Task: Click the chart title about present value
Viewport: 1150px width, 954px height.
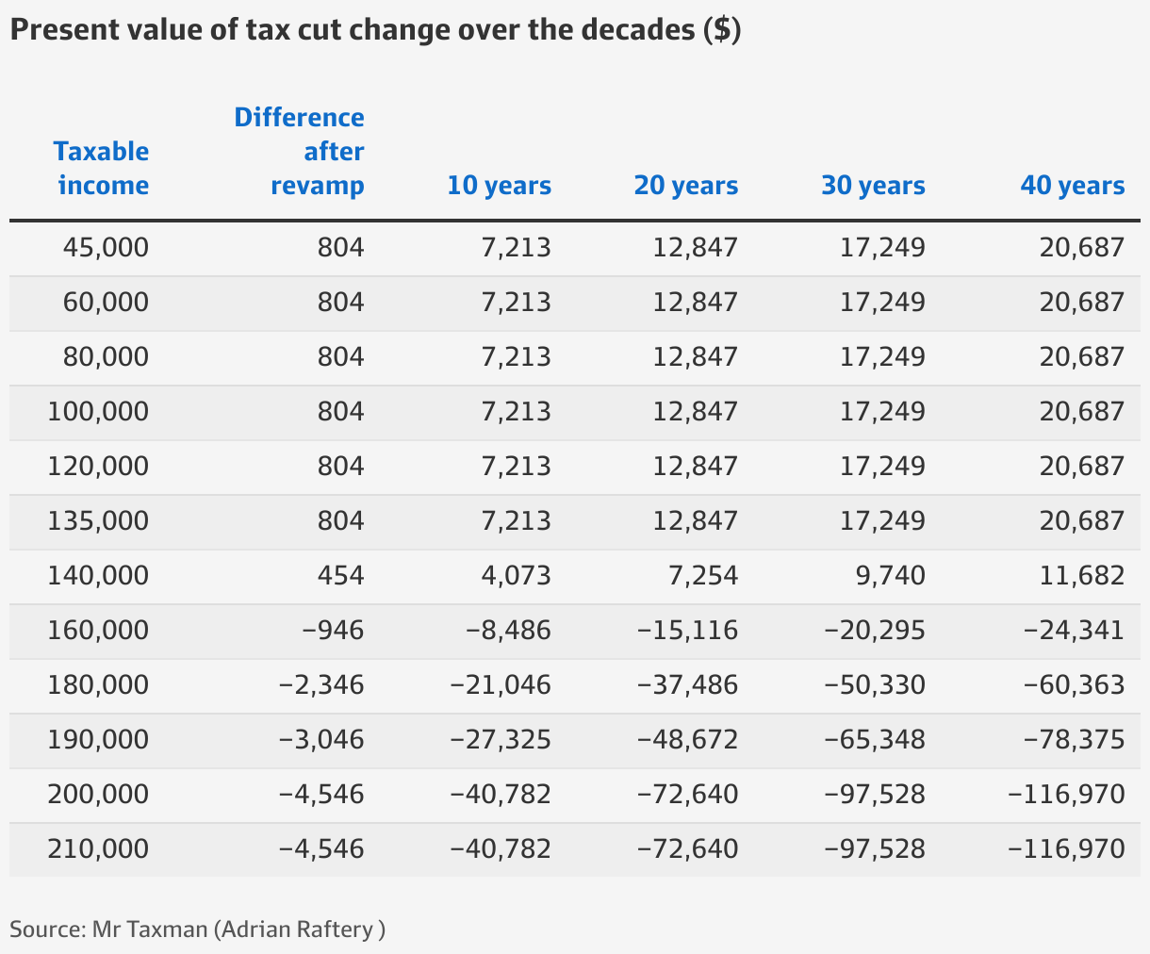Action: [x=375, y=30]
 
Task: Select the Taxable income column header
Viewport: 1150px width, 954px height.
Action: [x=102, y=168]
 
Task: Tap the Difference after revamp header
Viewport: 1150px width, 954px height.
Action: [x=300, y=151]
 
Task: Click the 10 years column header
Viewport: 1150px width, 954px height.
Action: [x=499, y=186]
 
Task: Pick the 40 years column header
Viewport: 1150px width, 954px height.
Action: [x=1072, y=186]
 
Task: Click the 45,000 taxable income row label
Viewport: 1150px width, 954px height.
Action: [x=106, y=248]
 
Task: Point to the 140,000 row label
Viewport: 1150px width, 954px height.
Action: [x=98, y=576]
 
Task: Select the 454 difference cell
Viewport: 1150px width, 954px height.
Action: [x=340, y=576]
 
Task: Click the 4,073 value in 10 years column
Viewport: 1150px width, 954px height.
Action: [x=516, y=576]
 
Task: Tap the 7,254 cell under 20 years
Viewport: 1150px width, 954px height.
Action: [x=702, y=576]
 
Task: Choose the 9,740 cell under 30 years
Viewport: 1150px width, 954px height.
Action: [x=889, y=576]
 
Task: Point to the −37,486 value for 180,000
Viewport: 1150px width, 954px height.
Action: [x=687, y=685]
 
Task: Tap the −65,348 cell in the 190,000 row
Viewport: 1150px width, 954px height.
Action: [x=874, y=740]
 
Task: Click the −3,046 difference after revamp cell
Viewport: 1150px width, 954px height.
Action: [x=321, y=740]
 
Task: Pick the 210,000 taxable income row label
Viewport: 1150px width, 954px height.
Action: [x=98, y=849]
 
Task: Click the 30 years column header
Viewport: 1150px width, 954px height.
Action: [x=873, y=186]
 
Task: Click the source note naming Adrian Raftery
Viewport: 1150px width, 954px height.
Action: [x=197, y=929]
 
